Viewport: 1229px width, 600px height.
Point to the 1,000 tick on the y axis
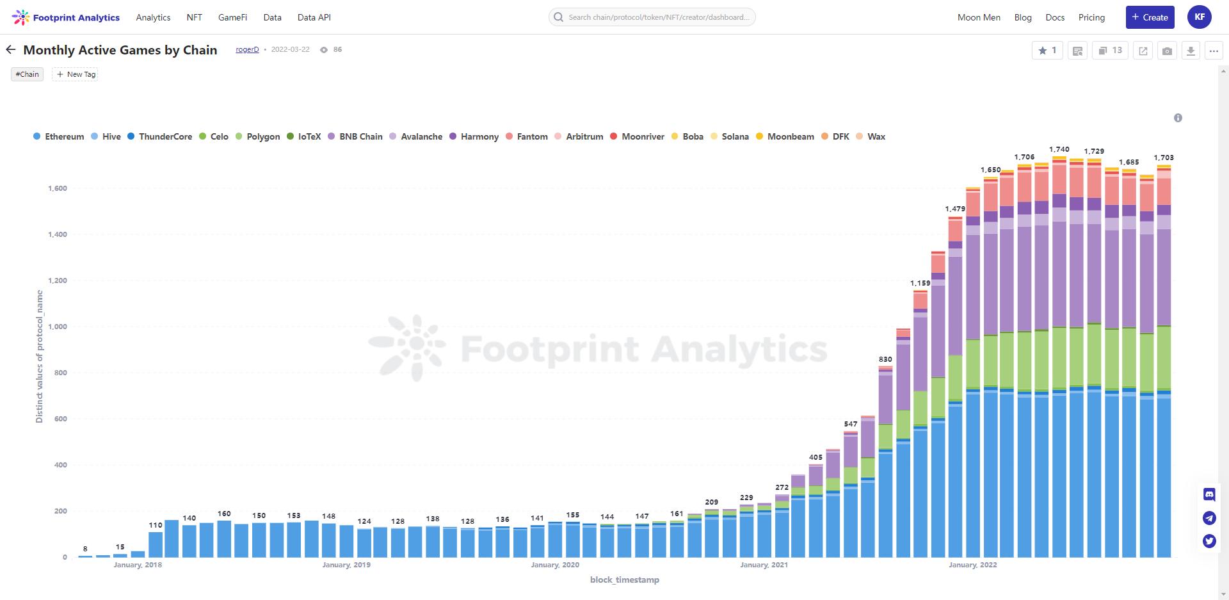coord(58,327)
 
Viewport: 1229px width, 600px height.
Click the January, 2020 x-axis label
coord(555,565)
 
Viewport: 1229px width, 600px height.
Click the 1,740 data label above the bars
coord(1059,149)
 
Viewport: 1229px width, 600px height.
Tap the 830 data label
coord(885,359)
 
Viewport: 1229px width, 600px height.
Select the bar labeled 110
coord(156,544)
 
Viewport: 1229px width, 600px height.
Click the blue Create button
coord(1150,17)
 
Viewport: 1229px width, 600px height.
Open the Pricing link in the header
coord(1091,17)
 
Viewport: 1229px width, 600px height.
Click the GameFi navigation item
coord(232,17)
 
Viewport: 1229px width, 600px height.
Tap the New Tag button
coord(76,74)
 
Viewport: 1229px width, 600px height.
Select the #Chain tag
coord(27,74)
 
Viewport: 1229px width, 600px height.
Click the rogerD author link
coord(247,49)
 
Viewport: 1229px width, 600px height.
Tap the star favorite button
coord(1047,51)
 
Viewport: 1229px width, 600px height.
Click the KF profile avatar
coord(1200,17)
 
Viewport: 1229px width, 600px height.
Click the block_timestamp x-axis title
coord(624,580)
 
